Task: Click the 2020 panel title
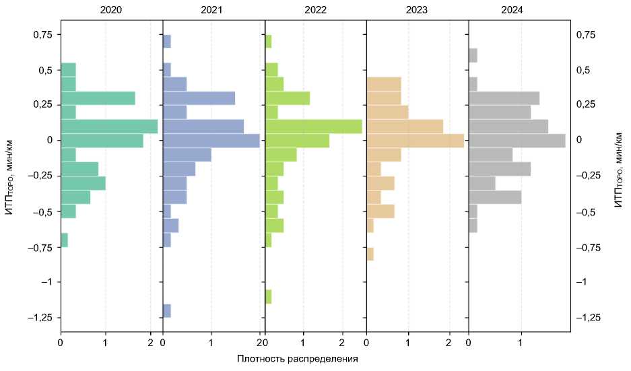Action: (111, 11)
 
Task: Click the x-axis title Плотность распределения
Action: (297, 359)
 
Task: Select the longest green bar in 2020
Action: (109, 126)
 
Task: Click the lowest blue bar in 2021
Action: (167, 310)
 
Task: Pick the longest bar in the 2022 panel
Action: (314, 126)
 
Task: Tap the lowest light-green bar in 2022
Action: (269, 296)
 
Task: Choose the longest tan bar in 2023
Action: (416, 141)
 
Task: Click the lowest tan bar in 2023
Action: (370, 254)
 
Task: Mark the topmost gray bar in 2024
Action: (473, 55)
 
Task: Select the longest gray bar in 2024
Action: (517, 141)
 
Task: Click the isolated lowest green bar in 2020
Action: (64, 240)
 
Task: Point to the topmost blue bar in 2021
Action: (167, 41)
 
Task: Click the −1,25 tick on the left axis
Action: (42, 317)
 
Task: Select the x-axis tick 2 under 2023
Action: (449, 343)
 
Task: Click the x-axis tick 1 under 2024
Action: (521, 343)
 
